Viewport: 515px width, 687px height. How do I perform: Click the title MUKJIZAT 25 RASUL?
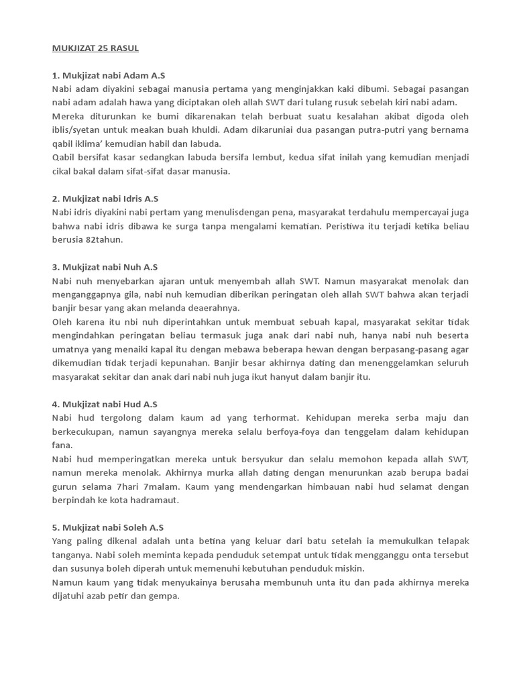(95, 48)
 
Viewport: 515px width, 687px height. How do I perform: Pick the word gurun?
(65, 486)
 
